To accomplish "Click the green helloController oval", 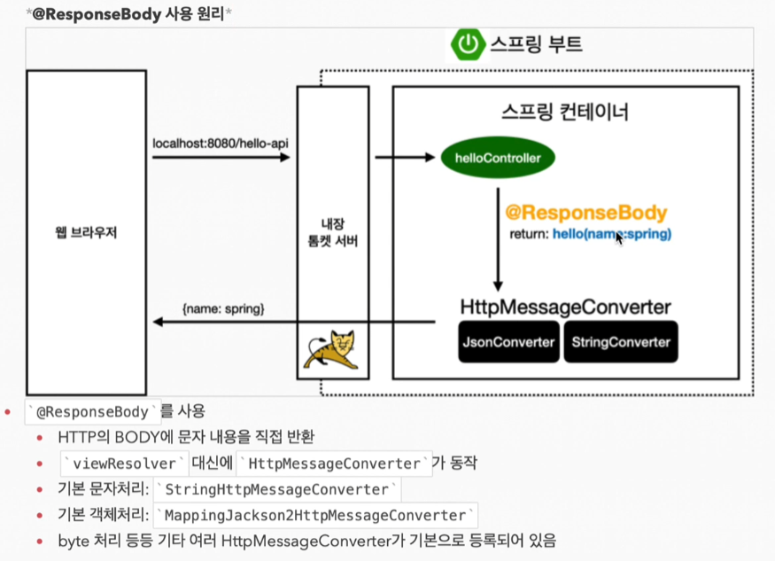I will tap(497, 159).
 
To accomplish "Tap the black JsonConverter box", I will tap(508, 342).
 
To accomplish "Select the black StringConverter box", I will tap(620, 342).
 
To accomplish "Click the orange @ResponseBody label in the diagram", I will tap(585, 214).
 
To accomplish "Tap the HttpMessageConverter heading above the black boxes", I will tap(565, 308).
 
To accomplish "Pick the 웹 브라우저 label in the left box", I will tap(86, 233).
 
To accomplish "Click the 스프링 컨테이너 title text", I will tap(564, 113).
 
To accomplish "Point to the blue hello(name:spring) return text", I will tap(612, 234).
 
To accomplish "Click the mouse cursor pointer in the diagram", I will tap(620, 238).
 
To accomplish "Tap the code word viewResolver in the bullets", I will tap(125, 464).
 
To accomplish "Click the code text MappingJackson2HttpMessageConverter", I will tap(316, 515).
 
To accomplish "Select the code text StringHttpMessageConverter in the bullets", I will tap(277, 489).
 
